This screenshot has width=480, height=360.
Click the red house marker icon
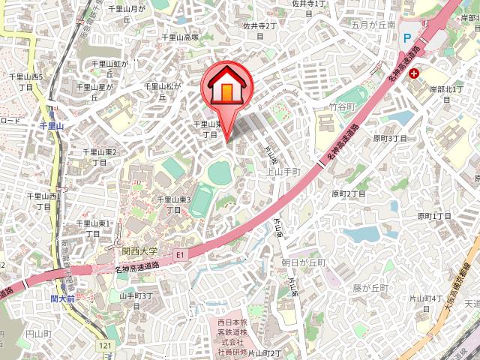tap(227, 87)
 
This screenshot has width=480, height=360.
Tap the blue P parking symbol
tap(407, 37)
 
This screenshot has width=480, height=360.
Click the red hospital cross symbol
tap(414, 73)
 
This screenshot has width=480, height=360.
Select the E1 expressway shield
tap(179, 256)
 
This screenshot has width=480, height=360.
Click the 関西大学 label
tap(139, 251)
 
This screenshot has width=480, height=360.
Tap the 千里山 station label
tap(52, 127)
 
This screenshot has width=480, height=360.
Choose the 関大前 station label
tap(62, 298)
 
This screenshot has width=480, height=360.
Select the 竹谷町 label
tap(341, 107)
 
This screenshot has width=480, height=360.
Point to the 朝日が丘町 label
tap(304, 262)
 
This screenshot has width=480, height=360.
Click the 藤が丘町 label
tap(371, 289)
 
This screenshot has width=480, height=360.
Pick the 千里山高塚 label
tap(180, 37)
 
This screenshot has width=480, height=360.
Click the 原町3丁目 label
tap(390, 138)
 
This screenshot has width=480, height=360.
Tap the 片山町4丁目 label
tap(426, 304)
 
